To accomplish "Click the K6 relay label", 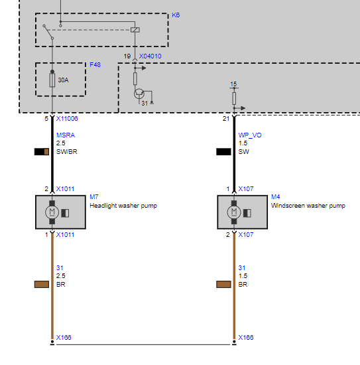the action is [176, 15].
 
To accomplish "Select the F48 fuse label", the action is [95, 65].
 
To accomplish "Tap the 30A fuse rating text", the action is [63, 80].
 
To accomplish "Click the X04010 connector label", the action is [150, 56].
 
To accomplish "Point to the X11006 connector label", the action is [67, 119].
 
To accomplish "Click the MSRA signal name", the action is [66, 135].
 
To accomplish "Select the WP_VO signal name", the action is [250, 135].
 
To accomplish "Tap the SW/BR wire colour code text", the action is [66, 152].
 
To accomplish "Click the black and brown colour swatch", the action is [42, 152].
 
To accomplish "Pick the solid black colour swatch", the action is [223, 152].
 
